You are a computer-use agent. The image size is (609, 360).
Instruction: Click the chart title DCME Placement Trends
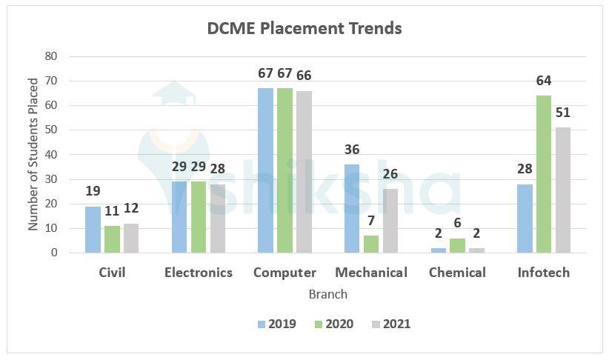(304, 28)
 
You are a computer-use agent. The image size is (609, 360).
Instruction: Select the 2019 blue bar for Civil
(93, 230)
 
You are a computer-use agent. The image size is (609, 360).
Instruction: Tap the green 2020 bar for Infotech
(544, 174)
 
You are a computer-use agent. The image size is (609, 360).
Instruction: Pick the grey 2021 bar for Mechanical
(390, 221)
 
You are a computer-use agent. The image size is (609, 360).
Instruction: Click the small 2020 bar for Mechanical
(371, 244)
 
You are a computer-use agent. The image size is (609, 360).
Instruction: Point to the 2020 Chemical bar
(457, 246)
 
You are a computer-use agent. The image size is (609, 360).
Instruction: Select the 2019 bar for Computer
(265, 170)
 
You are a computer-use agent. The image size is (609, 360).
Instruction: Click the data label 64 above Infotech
(544, 81)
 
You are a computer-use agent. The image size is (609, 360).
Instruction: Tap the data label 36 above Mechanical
(351, 150)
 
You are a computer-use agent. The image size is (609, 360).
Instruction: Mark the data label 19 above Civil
(93, 192)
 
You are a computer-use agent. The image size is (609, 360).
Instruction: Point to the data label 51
(563, 113)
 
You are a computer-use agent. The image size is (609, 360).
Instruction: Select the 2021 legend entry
(390, 324)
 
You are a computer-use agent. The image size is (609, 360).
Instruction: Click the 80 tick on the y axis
(52, 56)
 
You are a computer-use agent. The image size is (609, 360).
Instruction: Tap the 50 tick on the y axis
(52, 130)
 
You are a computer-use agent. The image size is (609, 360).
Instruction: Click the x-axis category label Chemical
(457, 273)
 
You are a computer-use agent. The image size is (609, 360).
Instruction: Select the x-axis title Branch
(327, 294)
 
